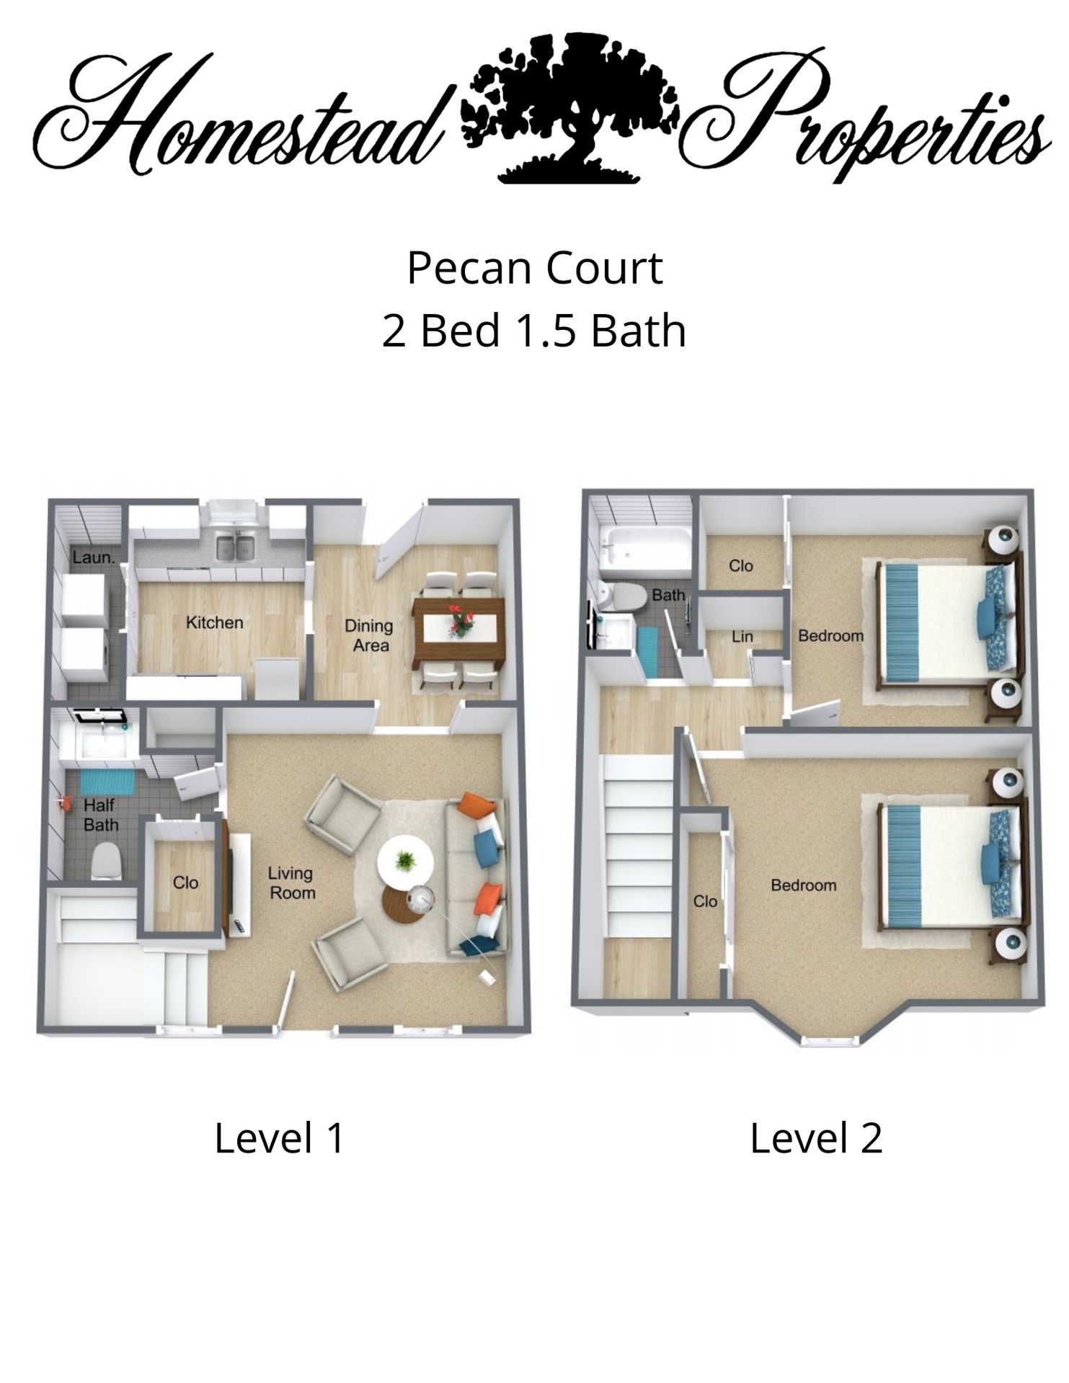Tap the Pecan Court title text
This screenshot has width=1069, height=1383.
coord(534,268)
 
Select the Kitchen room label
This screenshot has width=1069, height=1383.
coord(214,622)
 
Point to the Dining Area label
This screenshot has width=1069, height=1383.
coord(369,635)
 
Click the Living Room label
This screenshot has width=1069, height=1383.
coord(291,883)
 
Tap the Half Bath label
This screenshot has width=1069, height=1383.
coord(100,815)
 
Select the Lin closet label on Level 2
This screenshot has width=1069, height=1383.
coord(742,636)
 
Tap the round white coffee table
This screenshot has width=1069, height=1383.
coord(406,863)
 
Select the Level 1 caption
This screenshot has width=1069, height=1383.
coord(279,1138)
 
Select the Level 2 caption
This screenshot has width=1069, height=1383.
coord(816,1138)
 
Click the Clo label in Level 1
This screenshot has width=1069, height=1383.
coord(185,882)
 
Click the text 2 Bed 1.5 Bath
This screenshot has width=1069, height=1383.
coord(534,331)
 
